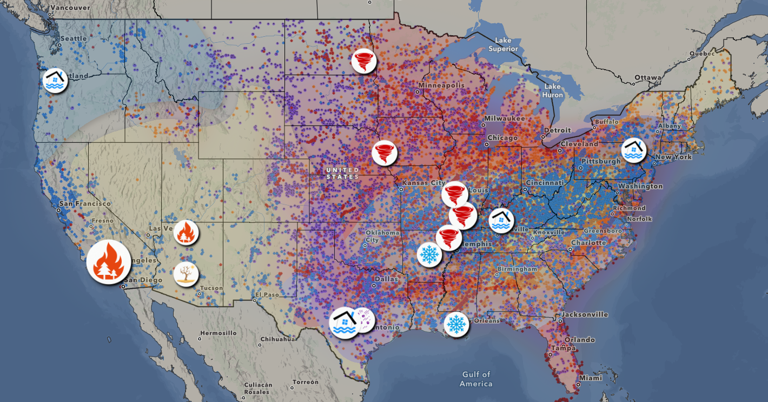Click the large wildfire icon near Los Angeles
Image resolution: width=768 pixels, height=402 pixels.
pyautogui.click(x=109, y=262)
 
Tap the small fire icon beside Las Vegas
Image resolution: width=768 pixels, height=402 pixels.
pyautogui.click(x=186, y=233)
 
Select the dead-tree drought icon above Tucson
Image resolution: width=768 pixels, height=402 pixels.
pyautogui.click(x=186, y=274)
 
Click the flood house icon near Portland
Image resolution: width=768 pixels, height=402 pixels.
pyautogui.click(x=55, y=80)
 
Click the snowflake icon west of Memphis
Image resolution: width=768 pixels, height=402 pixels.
pyautogui.click(x=429, y=254)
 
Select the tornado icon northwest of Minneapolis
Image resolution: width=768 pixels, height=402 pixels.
pyautogui.click(x=363, y=61)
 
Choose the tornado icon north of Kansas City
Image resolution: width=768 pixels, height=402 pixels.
pyautogui.click(x=385, y=153)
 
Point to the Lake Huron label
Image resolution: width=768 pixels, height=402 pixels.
pyautogui.click(x=553, y=91)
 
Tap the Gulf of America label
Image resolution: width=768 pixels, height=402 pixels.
pyautogui.click(x=476, y=379)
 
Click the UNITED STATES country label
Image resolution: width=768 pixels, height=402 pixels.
pyautogui.click(x=342, y=173)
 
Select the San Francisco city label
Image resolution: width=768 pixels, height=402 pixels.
pyautogui.click(x=85, y=203)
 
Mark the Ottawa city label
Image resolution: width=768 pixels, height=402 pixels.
pyautogui.click(x=648, y=78)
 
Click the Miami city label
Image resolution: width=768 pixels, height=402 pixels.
pyautogui.click(x=590, y=378)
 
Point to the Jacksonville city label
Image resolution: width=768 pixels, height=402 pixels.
pyautogui.click(x=584, y=314)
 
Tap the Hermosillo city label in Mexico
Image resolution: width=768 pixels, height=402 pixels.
pyautogui.click(x=218, y=333)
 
